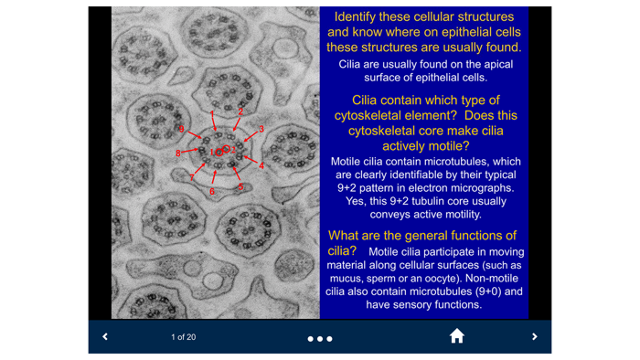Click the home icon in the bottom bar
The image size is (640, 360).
click(x=456, y=336)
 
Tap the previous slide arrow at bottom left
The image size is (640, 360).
click(x=105, y=337)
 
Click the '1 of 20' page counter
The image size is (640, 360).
click(x=183, y=337)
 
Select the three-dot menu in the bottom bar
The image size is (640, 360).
click(x=320, y=339)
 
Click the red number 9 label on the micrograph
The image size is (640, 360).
click(x=181, y=130)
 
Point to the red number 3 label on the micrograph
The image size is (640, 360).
click(x=261, y=129)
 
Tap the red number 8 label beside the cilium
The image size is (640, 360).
click(x=179, y=154)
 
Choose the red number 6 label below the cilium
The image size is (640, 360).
click(x=212, y=192)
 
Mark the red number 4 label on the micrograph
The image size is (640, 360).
click(x=261, y=166)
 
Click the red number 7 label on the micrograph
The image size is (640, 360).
click(x=192, y=176)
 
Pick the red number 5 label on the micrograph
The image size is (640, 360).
click(x=241, y=188)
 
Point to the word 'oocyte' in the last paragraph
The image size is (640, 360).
click(x=479, y=265)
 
